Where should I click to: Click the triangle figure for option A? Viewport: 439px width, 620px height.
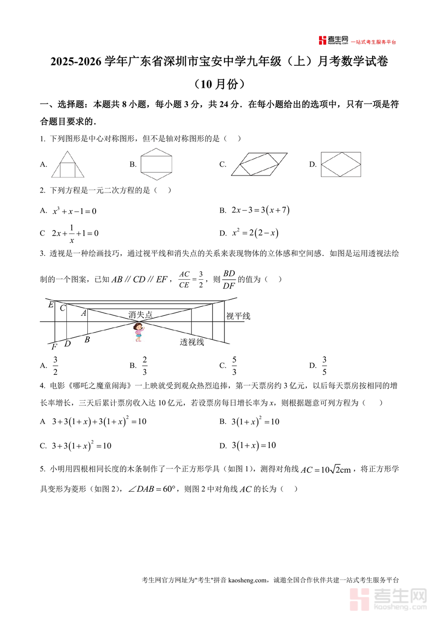pos(67,164)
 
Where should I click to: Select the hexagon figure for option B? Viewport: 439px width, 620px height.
pos(157,164)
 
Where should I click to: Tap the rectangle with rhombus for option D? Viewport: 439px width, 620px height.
pos(340,164)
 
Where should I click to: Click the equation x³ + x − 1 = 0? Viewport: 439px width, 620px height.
pos(75,211)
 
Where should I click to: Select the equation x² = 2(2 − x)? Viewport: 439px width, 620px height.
pos(255,233)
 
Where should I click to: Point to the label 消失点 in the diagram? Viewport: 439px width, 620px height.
pos(140,315)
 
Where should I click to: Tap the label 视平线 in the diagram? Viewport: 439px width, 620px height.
pos(238,316)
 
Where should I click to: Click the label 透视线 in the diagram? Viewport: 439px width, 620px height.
pos(192,342)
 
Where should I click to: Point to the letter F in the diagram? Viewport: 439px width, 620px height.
pos(54,347)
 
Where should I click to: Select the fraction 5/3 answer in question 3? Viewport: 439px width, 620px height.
pos(234,366)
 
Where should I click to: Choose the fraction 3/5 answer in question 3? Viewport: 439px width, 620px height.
pos(324,366)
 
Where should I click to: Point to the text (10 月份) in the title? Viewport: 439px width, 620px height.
pos(219,84)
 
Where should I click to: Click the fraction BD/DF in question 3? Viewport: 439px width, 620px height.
pos(229,279)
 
